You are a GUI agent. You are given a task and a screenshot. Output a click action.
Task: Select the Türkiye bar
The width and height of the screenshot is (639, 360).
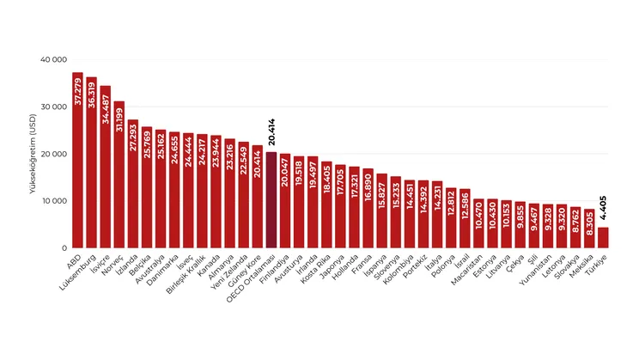pyautogui.click(x=603, y=237)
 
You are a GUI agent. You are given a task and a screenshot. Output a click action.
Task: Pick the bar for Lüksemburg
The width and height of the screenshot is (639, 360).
pyautogui.click(x=92, y=162)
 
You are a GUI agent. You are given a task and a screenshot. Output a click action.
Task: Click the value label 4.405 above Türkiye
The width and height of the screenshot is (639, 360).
pyautogui.click(x=603, y=209)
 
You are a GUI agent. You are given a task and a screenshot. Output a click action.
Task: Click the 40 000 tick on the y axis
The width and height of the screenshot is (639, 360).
pyautogui.click(x=54, y=60)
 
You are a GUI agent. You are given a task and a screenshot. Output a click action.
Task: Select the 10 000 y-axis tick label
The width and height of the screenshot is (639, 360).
pyautogui.click(x=54, y=201)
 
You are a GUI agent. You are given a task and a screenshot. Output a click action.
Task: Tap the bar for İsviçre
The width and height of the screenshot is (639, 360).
pyautogui.click(x=106, y=167)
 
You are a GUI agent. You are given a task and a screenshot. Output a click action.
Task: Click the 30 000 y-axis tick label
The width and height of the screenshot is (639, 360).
pyautogui.click(x=54, y=107)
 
